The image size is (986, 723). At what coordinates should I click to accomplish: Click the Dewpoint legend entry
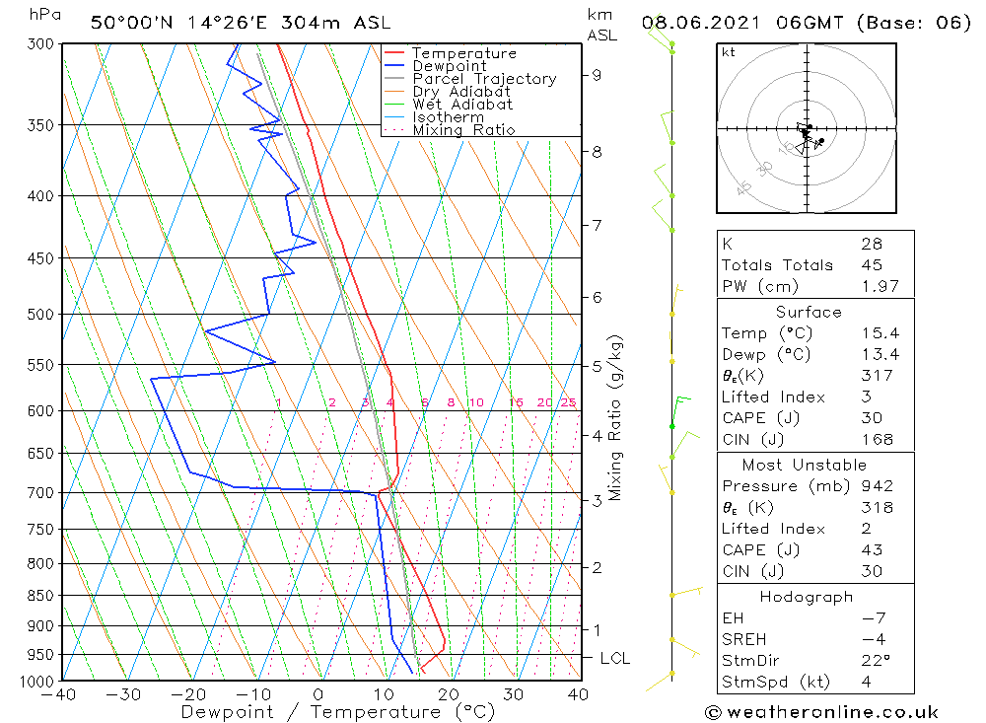[449, 66]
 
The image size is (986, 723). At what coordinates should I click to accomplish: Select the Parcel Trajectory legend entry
[484, 79]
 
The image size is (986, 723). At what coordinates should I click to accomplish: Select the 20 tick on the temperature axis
[448, 694]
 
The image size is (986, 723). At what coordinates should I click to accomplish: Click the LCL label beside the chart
[613, 659]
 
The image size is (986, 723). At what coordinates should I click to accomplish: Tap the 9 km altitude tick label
[598, 75]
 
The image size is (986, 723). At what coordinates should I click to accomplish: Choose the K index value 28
[872, 244]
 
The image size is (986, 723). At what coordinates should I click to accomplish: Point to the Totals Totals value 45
[872, 265]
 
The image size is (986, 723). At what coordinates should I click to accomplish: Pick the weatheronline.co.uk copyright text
[820, 712]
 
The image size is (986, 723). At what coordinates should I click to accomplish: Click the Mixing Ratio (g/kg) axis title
[615, 418]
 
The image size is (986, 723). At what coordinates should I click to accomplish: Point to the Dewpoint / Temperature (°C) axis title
[337, 712]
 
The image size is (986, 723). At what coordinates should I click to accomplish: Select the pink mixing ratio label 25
[568, 402]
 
